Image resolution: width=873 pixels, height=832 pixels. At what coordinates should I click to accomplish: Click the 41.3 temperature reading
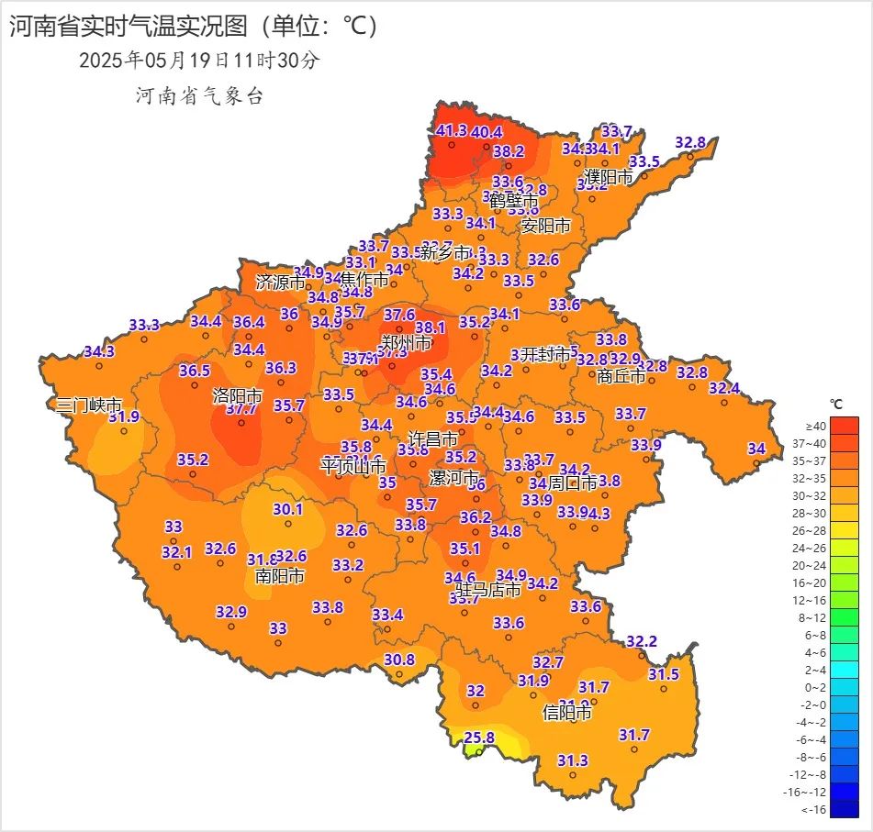(x=452, y=130)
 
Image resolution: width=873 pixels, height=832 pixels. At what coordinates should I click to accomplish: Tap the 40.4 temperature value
(x=487, y=132)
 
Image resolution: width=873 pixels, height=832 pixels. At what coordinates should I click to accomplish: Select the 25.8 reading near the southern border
(x=479, y=737)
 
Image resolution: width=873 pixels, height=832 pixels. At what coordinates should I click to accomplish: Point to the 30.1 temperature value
(x=287, y=509)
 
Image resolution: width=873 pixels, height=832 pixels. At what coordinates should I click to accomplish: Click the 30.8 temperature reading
(x=398, y=660)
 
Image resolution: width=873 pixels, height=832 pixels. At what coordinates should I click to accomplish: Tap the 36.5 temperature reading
(x=195, y=371)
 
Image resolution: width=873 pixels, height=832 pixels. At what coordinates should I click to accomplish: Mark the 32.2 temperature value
(x=642, y=640)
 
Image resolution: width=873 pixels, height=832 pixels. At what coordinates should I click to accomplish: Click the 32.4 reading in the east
(x=723, y=388)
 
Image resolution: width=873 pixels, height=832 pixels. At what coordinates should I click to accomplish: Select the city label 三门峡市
(x=89, y=405)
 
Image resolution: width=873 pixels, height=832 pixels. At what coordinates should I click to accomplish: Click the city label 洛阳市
(x=238, y=396)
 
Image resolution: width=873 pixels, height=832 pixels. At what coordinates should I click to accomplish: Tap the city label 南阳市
(x=280, y=576)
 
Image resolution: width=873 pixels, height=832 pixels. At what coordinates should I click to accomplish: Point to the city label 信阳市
(x=567, y=712)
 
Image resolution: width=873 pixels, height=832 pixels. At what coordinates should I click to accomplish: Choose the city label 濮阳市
(x=610, y=177)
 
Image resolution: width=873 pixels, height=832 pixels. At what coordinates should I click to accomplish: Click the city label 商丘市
(x=621, y=376)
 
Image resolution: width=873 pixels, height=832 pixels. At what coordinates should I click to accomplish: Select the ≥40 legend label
(x=815, y=426)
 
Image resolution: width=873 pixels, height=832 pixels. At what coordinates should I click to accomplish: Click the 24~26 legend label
(x=815, y=548)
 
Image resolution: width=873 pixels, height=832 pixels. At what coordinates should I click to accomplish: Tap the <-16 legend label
(x=815, y=809)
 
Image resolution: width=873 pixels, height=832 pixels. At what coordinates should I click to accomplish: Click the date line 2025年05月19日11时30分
(x=200, y=61)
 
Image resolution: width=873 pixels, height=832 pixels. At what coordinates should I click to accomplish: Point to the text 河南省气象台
(x=199, y=96)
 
